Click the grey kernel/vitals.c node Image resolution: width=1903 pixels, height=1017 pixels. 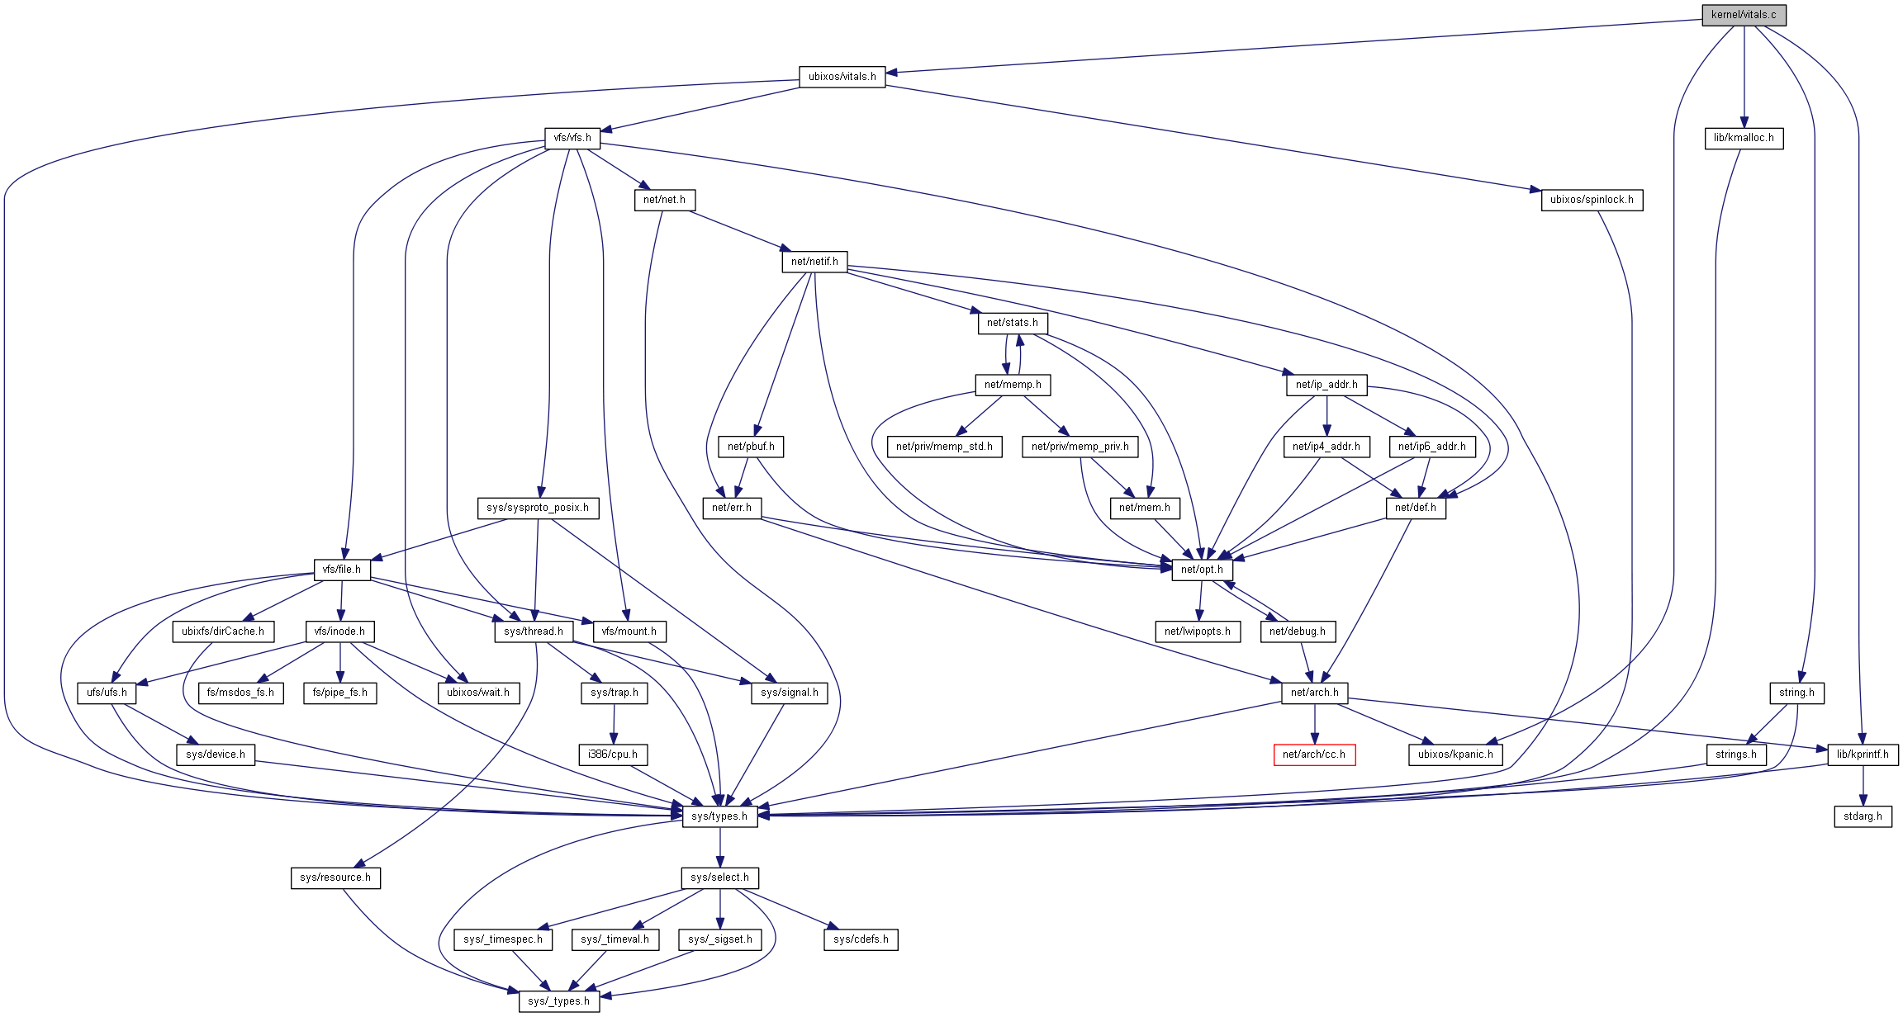point(1743,15)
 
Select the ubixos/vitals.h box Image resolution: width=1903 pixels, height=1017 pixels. point(842,77)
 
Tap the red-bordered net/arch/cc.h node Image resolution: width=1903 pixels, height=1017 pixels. point(1313,754)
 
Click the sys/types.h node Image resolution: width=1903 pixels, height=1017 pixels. point(719,816)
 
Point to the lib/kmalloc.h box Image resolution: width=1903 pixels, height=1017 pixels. point(1743,138)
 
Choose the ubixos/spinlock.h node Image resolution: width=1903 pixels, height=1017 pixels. point(1591,200)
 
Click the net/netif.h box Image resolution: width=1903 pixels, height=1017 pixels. point(814,262)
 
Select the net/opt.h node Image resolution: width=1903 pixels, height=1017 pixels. point(1202,570)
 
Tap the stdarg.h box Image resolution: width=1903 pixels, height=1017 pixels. point(1863,816)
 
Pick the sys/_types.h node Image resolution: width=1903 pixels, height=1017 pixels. point(558,1001)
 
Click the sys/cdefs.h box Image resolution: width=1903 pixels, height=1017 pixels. point(861,939)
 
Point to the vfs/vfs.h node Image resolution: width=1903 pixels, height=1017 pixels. point(572,138)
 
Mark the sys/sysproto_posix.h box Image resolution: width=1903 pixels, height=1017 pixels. point(537,508)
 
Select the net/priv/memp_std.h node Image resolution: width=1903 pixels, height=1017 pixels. point(944,447)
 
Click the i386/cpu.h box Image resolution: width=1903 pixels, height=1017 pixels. point(612,754)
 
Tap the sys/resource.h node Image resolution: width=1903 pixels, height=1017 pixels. point(335,877)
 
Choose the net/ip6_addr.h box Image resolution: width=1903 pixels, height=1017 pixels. point(1431,447)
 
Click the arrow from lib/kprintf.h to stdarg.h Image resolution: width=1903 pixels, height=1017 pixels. point(1863,785)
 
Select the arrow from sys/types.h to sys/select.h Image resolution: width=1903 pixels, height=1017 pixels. point(719,847)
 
